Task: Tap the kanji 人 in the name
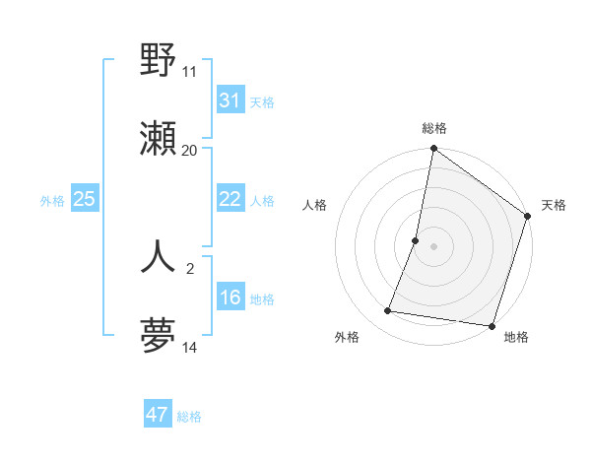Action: [x=159, y=256]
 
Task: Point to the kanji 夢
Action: [x=159, y=335]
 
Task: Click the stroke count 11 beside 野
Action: [x=189, y=72]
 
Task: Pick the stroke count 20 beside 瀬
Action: [x=189, y=150]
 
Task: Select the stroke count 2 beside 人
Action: [x=190, y=267]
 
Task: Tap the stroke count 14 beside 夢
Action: [x=189, y=347]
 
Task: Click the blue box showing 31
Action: [x=230, y=100]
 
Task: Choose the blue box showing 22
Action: [x=230, y=199]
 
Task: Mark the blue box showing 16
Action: [x=230, y=298]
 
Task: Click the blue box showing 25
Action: [x=84, y=199]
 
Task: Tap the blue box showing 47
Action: [x=157, y=415]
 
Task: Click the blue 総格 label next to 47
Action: [x=189, y=417]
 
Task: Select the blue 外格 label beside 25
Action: [x=52, y=201]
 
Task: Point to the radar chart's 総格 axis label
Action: [x=434, y=128]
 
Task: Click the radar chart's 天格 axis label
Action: [x=554, y=205]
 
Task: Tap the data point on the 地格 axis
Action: [x=492, y=325]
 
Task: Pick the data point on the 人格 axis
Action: [x=416, y=239]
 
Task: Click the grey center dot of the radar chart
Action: [x=433, y=245]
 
